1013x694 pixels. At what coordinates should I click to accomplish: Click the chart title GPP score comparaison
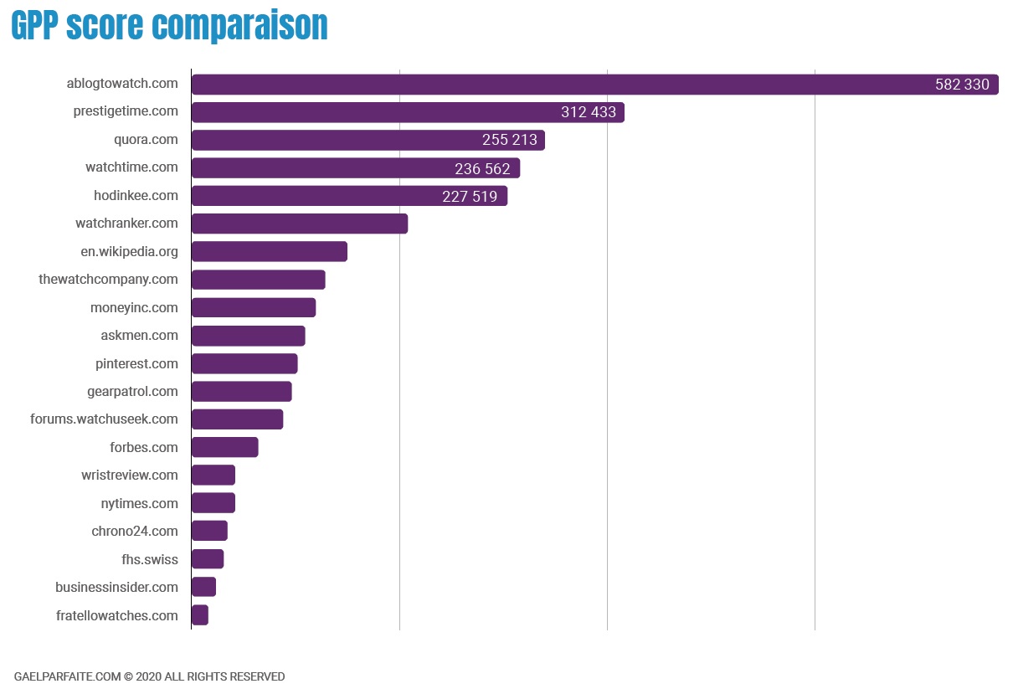[169, 25]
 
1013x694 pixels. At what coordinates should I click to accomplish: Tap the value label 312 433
[589, 112]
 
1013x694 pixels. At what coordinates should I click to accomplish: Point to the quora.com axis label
[146, 139]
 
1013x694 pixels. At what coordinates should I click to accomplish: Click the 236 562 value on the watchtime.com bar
[482, 169]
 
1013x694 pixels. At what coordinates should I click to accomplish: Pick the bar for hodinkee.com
[349, 196]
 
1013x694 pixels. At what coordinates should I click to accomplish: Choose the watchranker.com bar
[300, 224]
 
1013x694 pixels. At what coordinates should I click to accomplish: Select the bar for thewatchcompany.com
[258, 280]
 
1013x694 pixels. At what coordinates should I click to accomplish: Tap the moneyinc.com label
[134, 307]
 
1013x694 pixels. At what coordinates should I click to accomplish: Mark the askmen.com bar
[248, 336]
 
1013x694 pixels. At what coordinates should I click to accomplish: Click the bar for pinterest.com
[244, 363]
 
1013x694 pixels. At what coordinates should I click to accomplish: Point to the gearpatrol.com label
[132, 391]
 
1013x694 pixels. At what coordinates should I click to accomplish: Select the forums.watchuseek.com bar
[237, 419]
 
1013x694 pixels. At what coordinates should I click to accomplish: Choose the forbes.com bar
[224, 447]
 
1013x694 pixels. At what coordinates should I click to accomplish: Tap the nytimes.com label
[139, 503]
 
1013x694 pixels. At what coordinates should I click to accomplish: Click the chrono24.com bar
[209, 531]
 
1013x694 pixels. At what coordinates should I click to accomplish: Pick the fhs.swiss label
[150, 559]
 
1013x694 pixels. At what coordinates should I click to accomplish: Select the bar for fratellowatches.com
[200, 615]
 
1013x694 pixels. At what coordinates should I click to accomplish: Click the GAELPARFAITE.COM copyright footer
[149, 676]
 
